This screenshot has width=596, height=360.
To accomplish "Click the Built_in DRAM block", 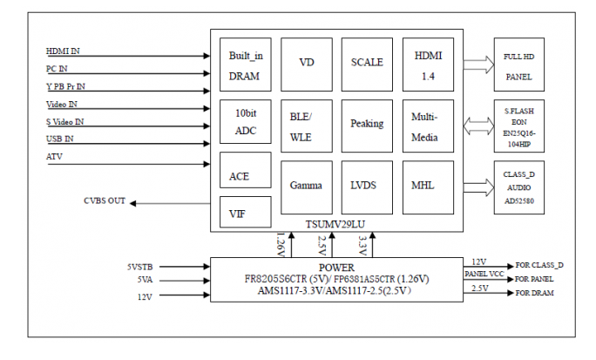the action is coord(246,65).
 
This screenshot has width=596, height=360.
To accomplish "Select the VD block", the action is coord(307,65).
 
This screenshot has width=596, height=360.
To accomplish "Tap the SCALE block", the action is coord(367,65).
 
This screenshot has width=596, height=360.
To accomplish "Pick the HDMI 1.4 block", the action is coord(428,65).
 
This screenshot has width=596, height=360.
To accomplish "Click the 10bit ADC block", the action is coord(246,122).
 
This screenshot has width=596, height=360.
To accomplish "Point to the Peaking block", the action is coord(367,126).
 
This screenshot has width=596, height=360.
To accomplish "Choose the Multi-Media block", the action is coord(428,126).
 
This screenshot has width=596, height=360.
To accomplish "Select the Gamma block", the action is coord(307,187).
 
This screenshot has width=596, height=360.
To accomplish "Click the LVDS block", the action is coord(367,187).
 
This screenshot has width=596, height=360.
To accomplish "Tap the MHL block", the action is coord(428,187).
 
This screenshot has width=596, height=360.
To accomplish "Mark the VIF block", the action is coord(246,212).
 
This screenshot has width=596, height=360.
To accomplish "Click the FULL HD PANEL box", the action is coord(519,65).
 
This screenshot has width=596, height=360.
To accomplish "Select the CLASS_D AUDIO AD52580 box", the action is coord(519,187).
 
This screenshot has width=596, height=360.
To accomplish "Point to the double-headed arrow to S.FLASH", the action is coord(478,126).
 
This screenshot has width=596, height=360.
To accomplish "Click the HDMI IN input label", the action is coord(63,51).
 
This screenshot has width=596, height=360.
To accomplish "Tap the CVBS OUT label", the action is coord(105,200).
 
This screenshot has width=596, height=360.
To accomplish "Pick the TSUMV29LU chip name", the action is coord(335,224).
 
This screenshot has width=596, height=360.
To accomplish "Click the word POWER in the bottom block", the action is coord(336,268).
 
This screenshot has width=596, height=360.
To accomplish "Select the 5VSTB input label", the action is coord(140,267).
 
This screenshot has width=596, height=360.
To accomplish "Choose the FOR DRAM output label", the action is coord(534,293).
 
